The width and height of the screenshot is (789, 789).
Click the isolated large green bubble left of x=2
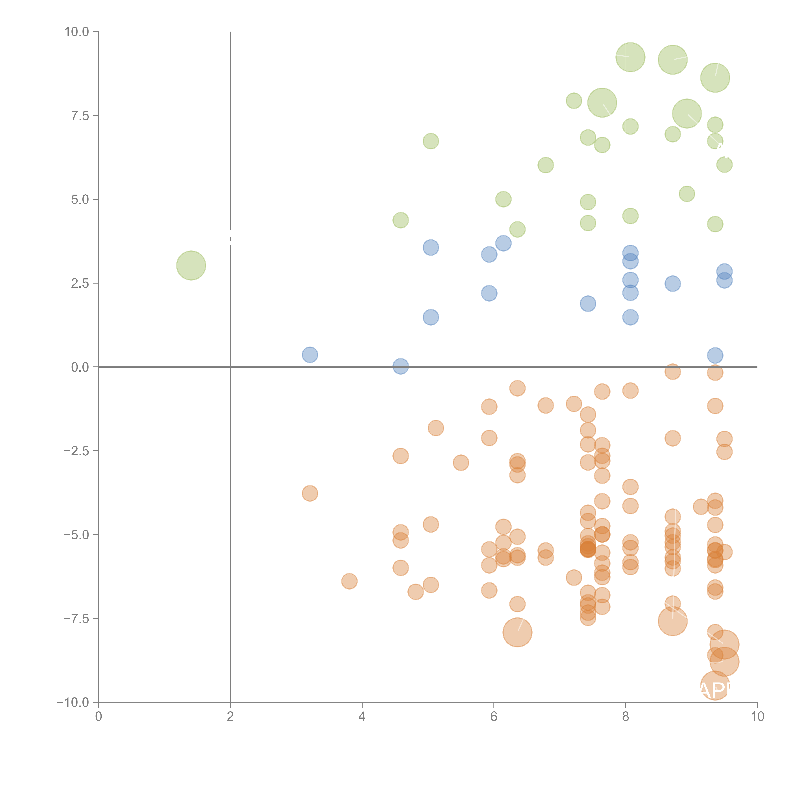tap(191, 265)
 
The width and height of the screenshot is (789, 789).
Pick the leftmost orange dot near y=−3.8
tap(310, 493)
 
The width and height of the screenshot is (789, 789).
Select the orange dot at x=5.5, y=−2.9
tap(461, 463)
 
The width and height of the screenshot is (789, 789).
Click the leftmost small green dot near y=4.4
tap(401, 220)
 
